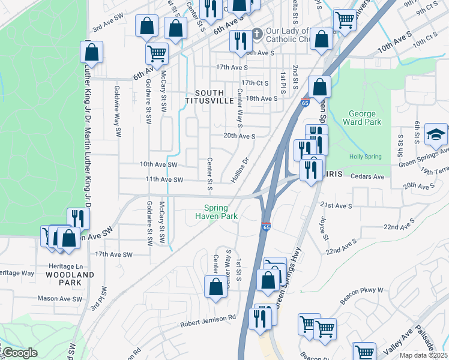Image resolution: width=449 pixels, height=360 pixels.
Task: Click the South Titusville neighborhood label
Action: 213,97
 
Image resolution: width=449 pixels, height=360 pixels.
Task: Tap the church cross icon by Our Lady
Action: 257,33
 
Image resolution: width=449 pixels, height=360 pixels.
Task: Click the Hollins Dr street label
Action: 240,171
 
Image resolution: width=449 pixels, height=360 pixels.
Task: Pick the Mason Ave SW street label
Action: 59,298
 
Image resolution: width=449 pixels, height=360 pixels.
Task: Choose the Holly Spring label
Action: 365,157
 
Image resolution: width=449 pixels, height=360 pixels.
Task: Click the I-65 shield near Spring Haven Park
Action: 267,227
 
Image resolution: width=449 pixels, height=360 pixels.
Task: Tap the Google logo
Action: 20,353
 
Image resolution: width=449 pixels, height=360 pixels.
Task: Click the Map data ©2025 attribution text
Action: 423,355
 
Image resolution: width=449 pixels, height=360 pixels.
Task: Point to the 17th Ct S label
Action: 255,83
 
